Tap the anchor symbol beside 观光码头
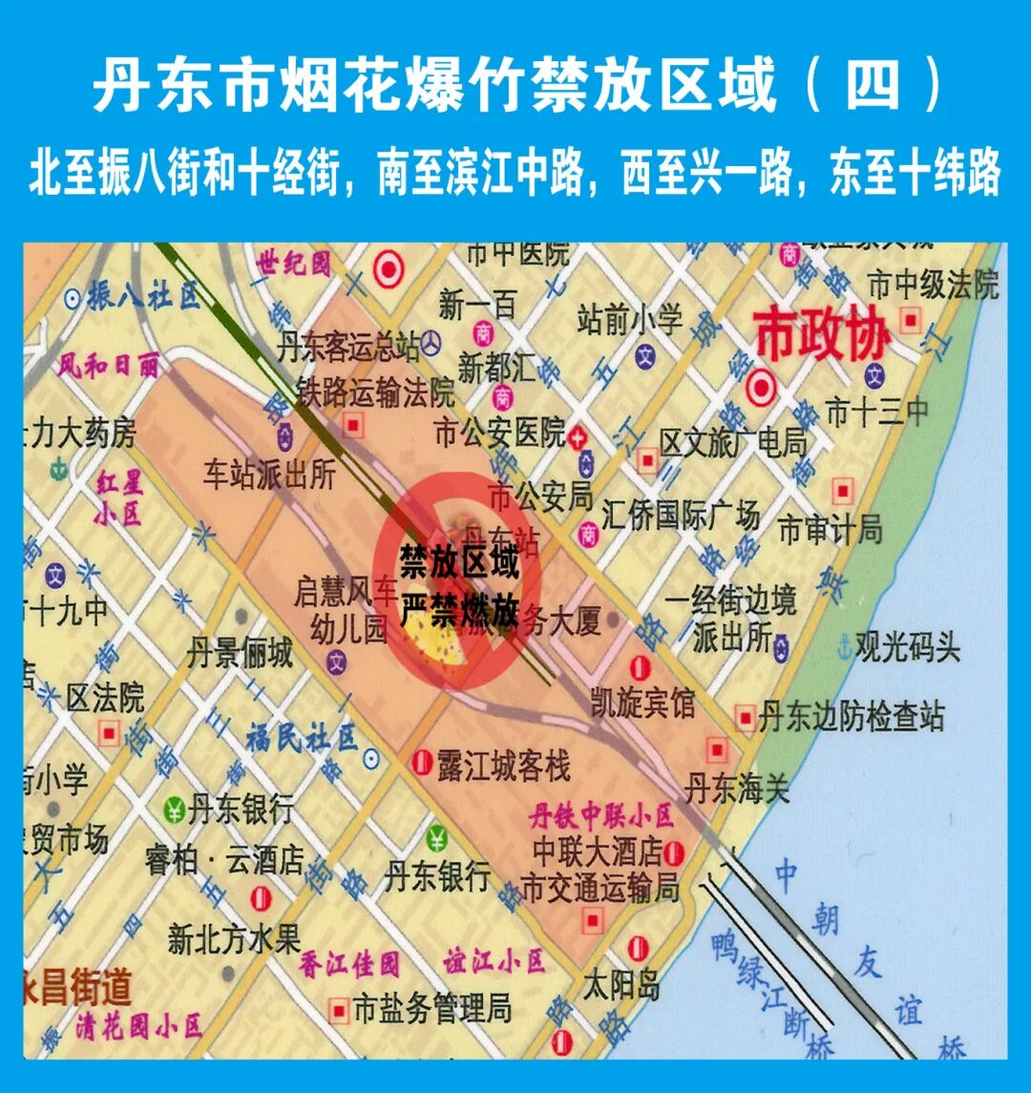843,648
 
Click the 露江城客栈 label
503,765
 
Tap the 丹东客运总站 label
348,347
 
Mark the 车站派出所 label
269,474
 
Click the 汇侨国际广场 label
681,515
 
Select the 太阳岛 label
622,983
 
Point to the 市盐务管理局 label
431,1008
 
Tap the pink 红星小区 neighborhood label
118,496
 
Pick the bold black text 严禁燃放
458,612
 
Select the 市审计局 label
830,529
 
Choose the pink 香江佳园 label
349,964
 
